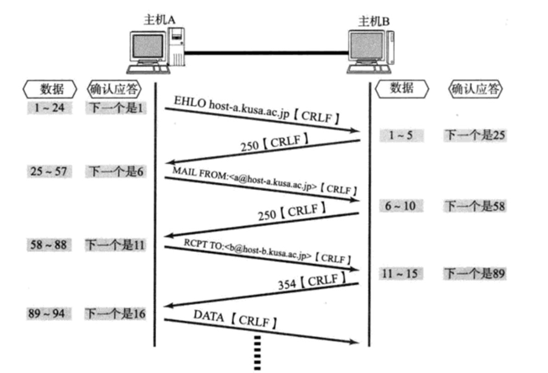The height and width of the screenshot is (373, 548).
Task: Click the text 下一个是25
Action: point(476,134)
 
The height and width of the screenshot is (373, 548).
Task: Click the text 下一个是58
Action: point(476,205)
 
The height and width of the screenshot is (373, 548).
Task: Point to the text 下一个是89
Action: point(476,274)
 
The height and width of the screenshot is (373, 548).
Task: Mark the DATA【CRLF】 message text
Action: point(236,320)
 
